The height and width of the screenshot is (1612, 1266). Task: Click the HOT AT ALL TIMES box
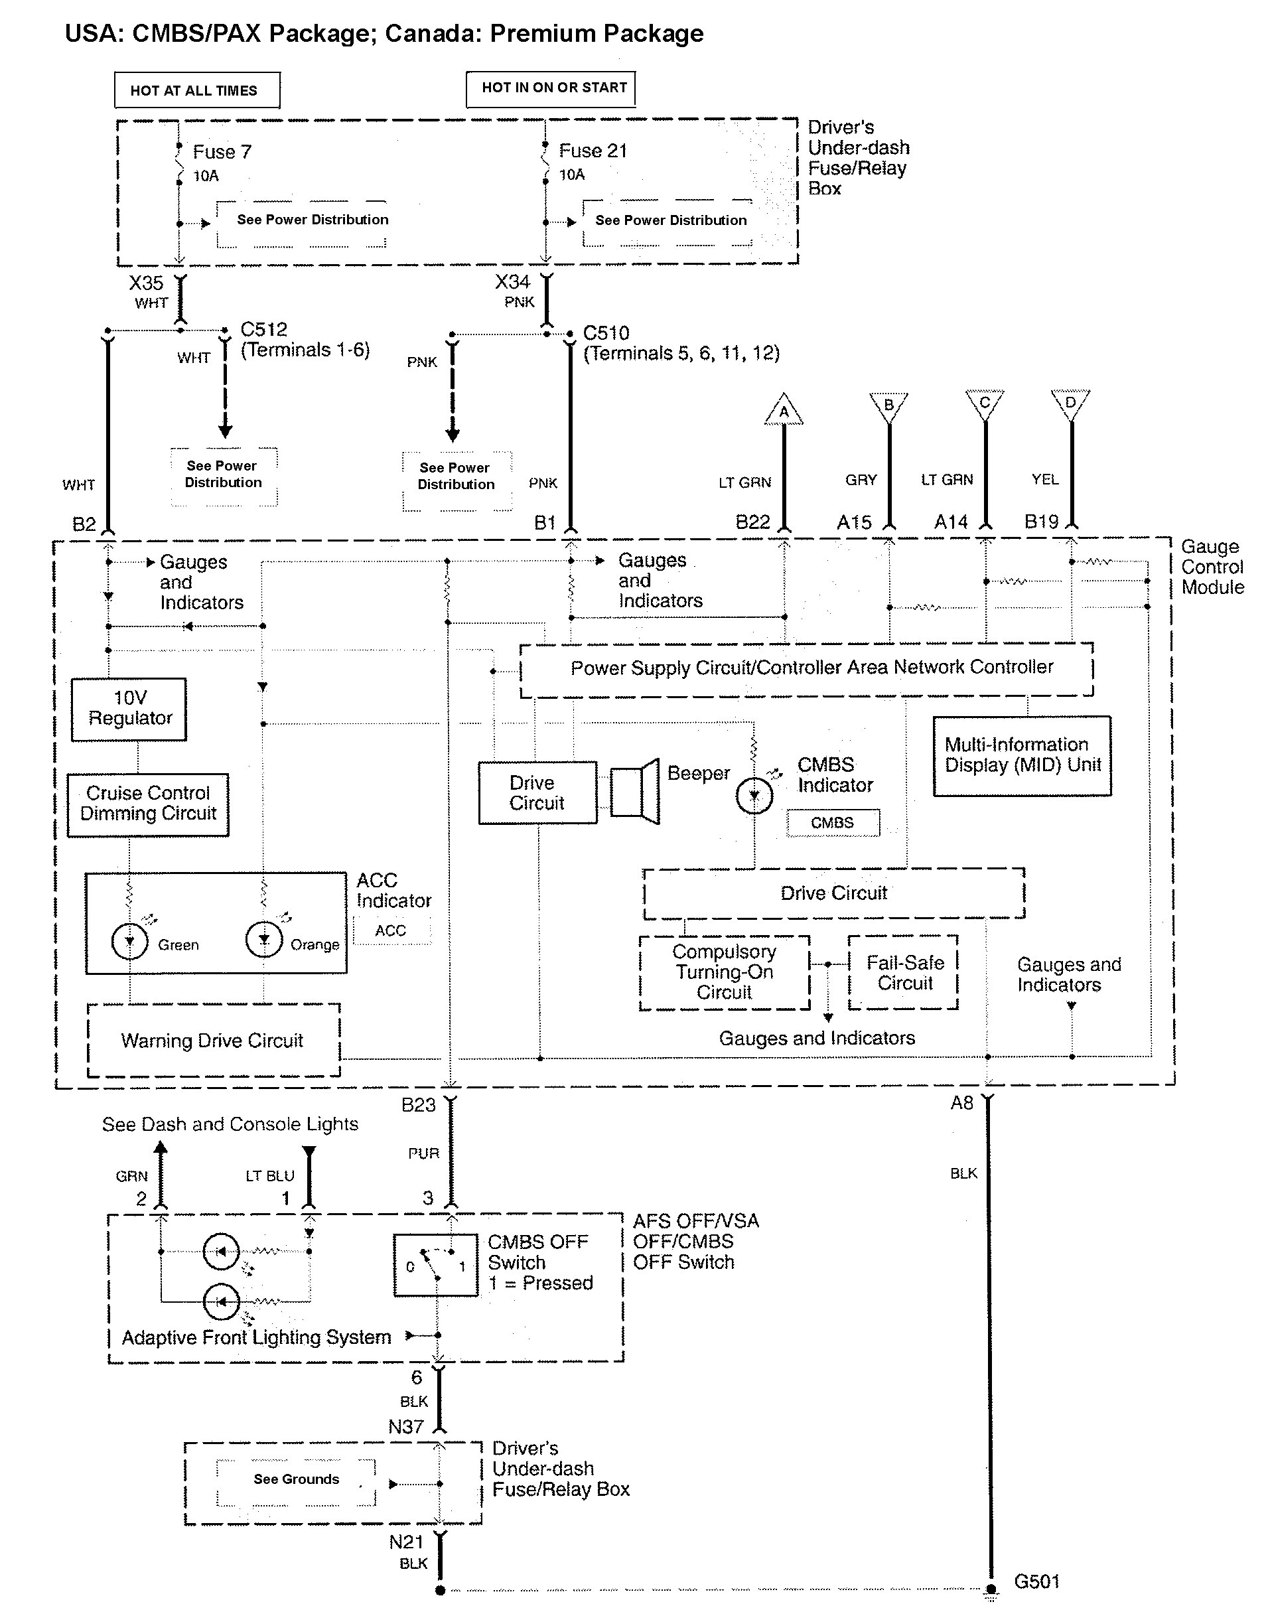point(197,90)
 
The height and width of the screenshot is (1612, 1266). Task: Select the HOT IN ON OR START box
point(551,88)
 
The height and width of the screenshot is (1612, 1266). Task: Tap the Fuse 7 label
point(222,152)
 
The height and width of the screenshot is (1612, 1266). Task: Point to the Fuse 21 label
point(593,151)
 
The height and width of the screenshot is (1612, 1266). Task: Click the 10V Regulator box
point(129,709)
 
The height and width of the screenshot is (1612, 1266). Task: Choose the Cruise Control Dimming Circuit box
point(147,804)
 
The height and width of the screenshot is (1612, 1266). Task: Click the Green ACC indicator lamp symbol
point(129,940)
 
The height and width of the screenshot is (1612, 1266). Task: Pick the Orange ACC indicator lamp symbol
point(264,940)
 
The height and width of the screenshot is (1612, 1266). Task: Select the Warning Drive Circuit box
point(214,1040)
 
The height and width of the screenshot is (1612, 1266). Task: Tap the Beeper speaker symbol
point(634,792)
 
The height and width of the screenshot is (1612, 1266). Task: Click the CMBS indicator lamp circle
point(754,796)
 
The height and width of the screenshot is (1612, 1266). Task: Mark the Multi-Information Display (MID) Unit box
point(1021,755)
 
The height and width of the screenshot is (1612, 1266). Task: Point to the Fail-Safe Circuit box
point(904,972)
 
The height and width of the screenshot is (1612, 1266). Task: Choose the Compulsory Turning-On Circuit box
point(724,972)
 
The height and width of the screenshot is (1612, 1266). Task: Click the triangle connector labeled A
point(784,411)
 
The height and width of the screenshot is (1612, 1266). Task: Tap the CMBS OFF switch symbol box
point(436,1265)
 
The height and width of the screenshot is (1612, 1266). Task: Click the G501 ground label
point(1036,1581)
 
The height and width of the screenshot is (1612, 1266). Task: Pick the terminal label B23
point(418,1105)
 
